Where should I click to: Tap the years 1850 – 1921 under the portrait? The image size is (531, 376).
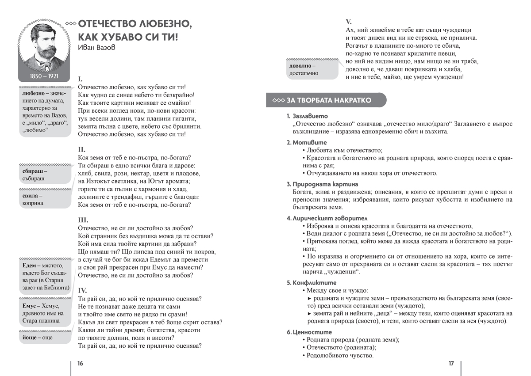(44, 76)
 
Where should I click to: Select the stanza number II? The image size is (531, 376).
(81, 149)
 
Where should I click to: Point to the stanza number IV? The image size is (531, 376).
(82, 290)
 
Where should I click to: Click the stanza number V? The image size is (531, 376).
(348, 21)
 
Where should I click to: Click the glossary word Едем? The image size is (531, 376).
(31, 265)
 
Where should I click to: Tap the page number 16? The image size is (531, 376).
(80, 364)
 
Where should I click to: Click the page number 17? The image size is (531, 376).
(451, 364)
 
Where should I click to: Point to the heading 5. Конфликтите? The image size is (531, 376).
(312, 282)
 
